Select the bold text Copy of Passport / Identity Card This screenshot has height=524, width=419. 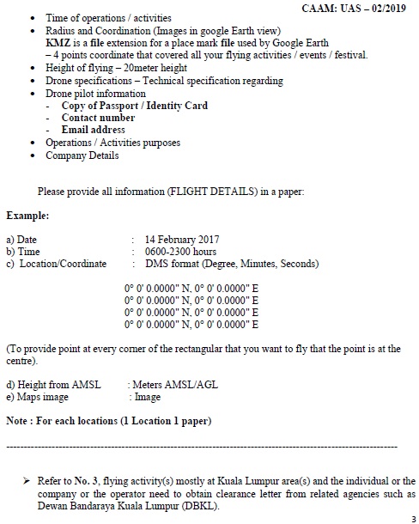tap(135, 106)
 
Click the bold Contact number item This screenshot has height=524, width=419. tap(98, 118)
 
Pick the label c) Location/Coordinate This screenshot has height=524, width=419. tap(56, 264)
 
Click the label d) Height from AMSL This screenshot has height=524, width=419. tap(53, 386)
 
